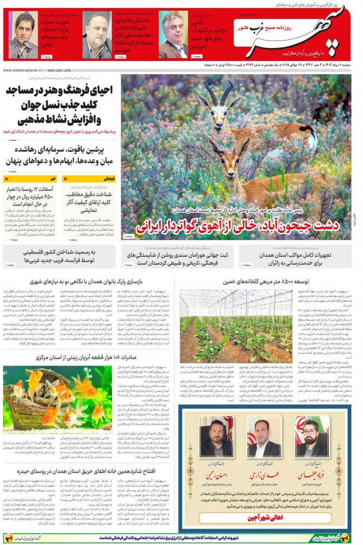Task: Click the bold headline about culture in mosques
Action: coord(60,105)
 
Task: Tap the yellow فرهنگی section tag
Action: coord(106,178)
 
